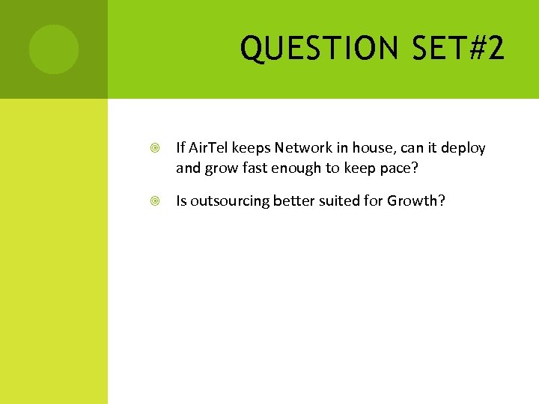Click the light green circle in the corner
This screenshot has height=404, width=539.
[53, 49]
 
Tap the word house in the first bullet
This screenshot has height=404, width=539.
[368, 148]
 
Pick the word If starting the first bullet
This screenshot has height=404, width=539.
[180, 148]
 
